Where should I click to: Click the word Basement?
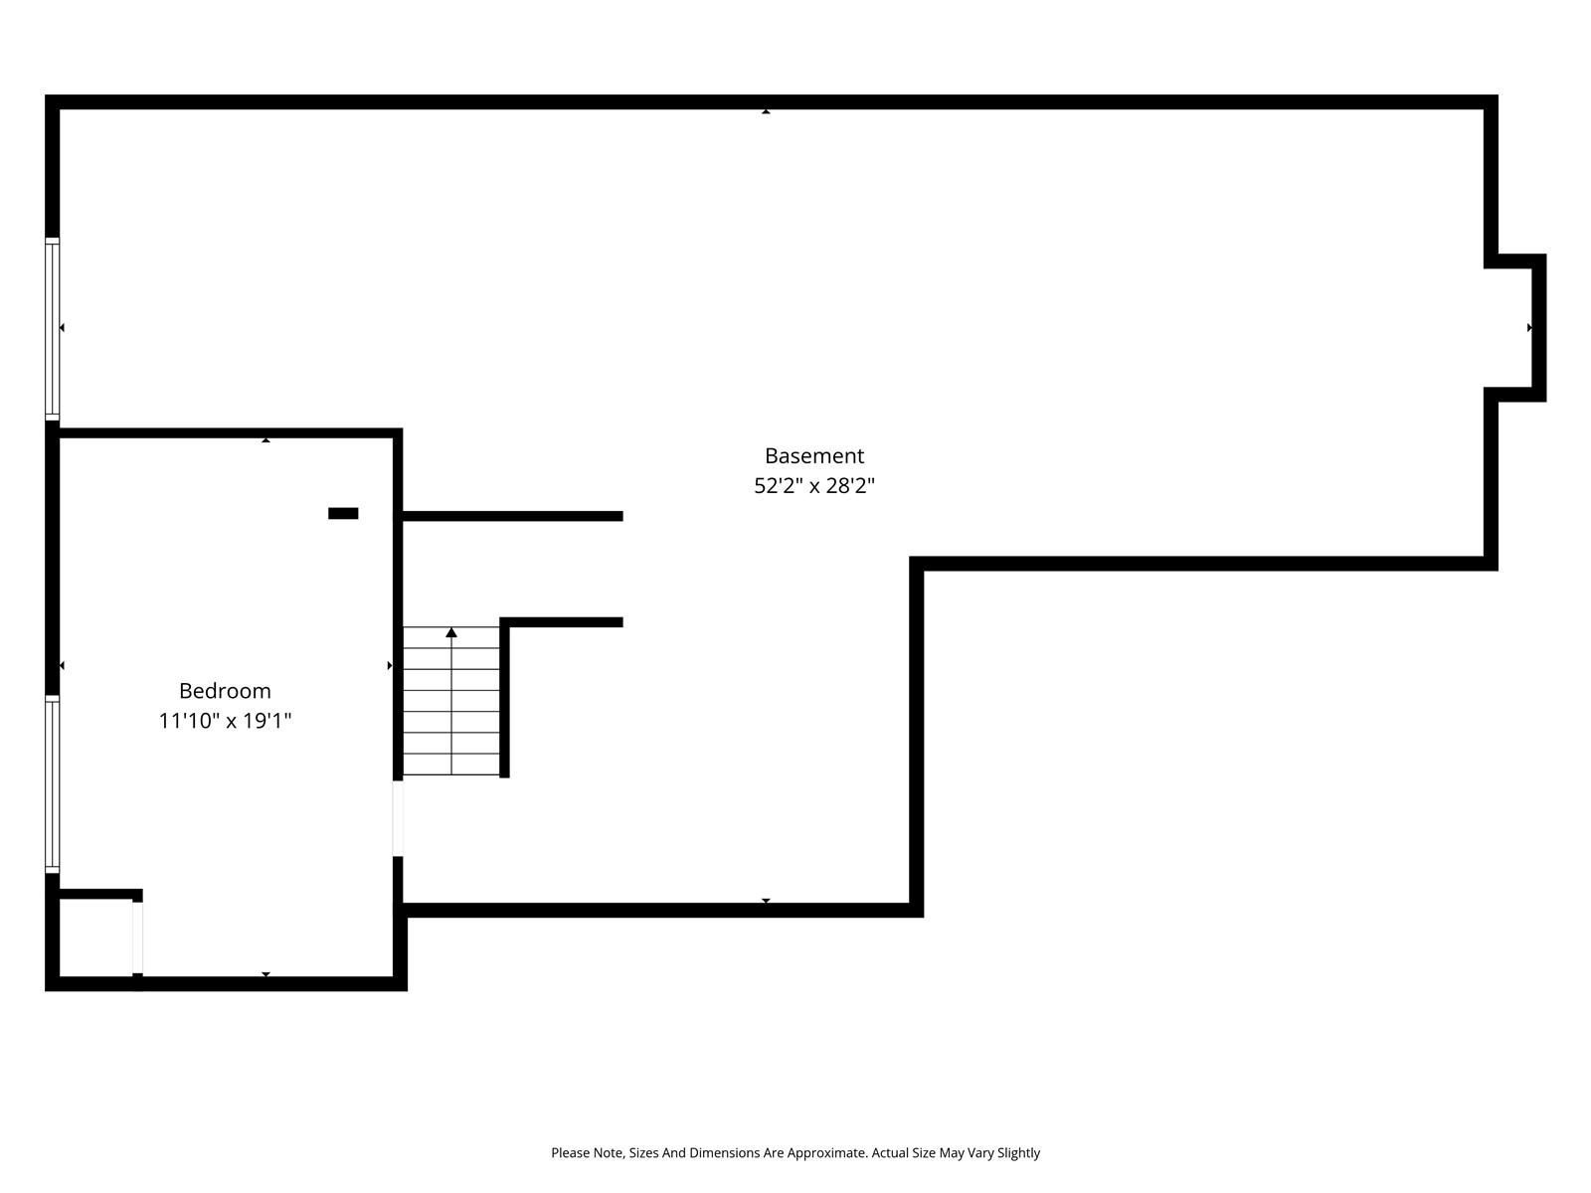tap(814, 455)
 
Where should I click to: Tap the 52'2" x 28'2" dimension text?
tap(814, 485)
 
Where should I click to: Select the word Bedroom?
tap(225, 690)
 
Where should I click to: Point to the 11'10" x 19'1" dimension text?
tap(225, 721)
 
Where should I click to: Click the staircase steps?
tap(450, 701)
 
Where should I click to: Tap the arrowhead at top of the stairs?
tap(450, 632)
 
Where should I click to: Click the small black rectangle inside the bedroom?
tap(343, 514)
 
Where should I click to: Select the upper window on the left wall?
tap(52, 329)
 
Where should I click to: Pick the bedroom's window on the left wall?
tap(52, 783)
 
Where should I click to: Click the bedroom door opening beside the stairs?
tap(397, 818)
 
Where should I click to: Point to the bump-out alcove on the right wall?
tap(1514, 327)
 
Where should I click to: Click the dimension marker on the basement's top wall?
tap(766, 111)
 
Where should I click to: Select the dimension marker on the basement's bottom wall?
tap(766, 901)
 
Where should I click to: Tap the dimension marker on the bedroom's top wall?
tap(266, 439)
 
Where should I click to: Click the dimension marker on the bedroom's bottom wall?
tap(266, 974)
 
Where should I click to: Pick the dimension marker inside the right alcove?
tap(1528, 327)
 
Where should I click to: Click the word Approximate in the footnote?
tap(826, 1152)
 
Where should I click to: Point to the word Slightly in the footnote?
tap(1018, 1152)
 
